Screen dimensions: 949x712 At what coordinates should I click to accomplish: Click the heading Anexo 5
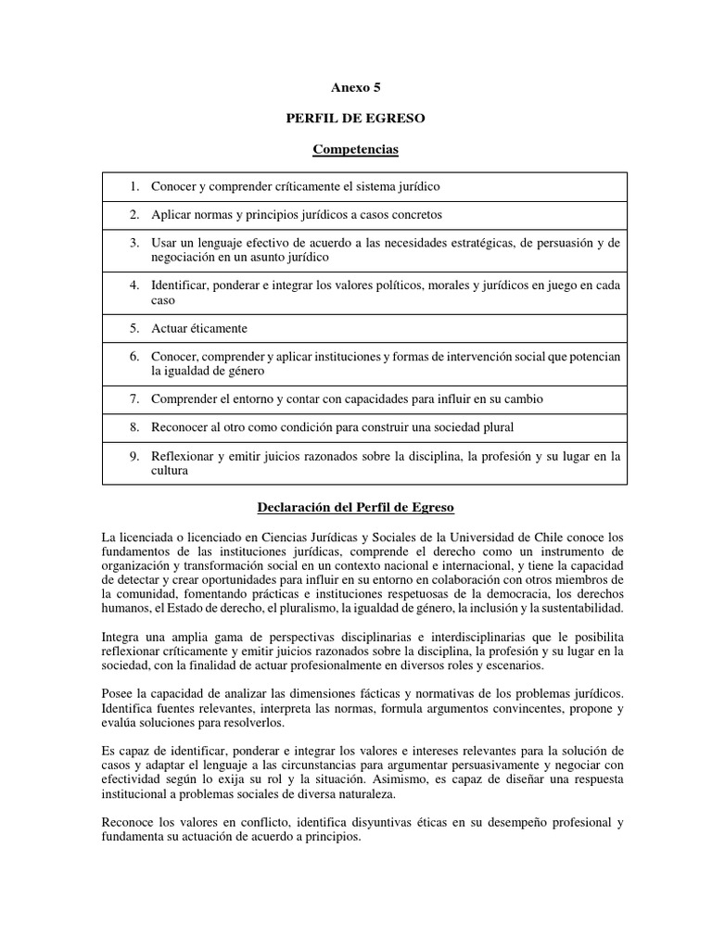[x=356, y=88]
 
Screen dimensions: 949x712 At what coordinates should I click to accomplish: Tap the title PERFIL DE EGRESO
[x=356, y=119]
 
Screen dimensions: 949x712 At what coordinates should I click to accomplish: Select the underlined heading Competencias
[x=356, y=148]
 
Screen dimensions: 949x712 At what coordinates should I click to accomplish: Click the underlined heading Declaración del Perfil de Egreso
[x=356, y=508]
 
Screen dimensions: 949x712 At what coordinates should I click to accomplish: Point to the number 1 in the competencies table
[x=134, y=186]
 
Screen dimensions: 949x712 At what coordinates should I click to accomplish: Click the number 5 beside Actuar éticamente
[x=134, y=328]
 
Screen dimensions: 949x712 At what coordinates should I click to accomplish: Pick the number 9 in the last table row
[x=134, y=456]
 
